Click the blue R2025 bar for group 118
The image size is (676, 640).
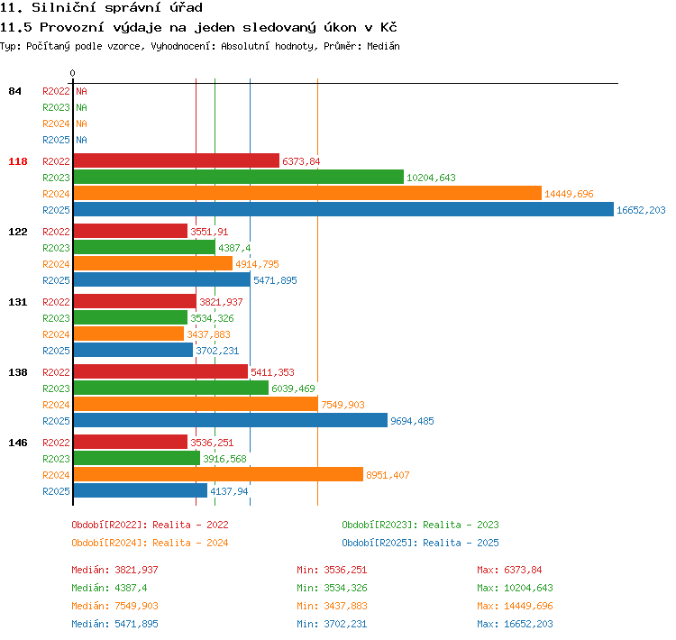[x=343, y=210]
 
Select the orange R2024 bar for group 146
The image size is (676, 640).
[x=218, y=474]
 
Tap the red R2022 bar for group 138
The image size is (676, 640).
[x=160, y=371]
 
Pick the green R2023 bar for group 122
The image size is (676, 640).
[x=144, y=248]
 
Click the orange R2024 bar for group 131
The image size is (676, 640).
[x=129, y=334]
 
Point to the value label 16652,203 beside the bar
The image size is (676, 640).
[x=641, y=210]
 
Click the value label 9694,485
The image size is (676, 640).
[x=412, y=421]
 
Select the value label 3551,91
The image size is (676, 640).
[x=209, y=232]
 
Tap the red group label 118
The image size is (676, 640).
[x=18, y=161]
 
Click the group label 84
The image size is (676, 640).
[x=14, y=91]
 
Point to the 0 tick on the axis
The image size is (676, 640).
[x=72, y=73]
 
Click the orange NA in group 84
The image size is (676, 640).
[x=81, y=123]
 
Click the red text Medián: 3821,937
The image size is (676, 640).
[x=114, y=570]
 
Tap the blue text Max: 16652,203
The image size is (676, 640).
[x=515, y=624]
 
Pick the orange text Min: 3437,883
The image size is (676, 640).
[x=332, y=606]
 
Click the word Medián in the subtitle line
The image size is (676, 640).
[x=383, y=46]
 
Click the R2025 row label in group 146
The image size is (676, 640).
[x=56, y=491]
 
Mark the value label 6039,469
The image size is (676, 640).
[x=293, y=389]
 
